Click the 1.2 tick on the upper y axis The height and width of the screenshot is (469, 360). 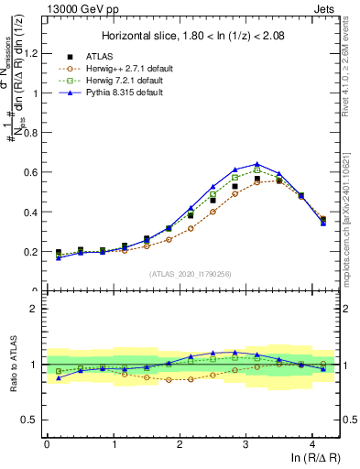[x=32, y=53]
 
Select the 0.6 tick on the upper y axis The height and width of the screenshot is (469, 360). [x=32, y=172]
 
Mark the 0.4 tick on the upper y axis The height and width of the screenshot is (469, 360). [x=32, y=212]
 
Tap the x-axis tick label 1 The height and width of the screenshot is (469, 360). [x=113, y=444]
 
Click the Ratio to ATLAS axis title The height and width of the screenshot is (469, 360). [x=12, y=365]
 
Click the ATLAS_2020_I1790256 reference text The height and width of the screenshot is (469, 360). [x=191, y=274]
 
